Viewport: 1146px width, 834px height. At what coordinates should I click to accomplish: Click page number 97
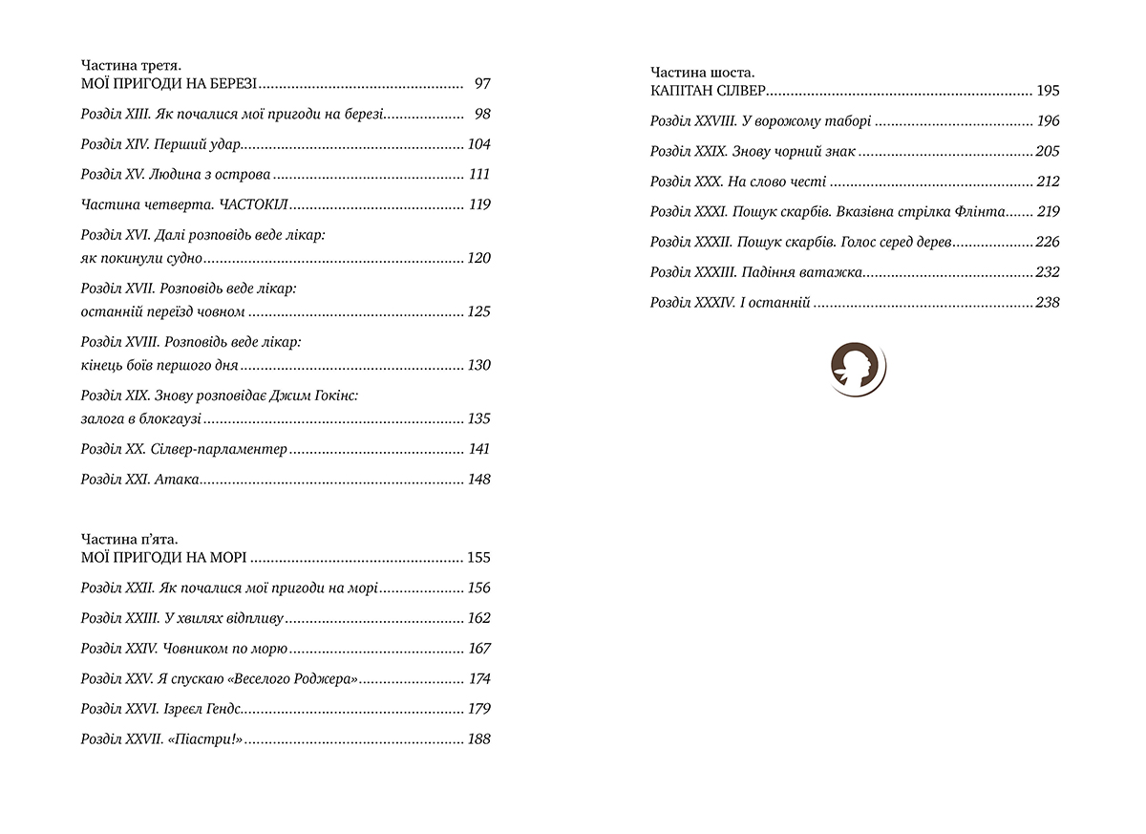click(481, 84)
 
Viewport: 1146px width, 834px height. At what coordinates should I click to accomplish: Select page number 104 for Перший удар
click(478, 144)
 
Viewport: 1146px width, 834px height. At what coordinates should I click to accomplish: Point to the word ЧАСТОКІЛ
click(253, 204)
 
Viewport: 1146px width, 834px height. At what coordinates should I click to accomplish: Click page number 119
click(479, 204)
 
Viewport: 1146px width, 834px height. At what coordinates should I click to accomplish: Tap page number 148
click(478, 480)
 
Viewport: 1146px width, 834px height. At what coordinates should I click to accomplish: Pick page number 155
click(478, 558)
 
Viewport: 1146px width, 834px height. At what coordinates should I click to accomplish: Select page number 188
click(478, 739)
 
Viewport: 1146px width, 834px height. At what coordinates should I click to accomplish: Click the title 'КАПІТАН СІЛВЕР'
click(708, 92)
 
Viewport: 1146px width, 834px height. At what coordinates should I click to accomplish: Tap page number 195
click(1048, 92)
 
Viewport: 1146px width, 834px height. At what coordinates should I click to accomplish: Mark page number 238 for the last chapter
click(1048, 303)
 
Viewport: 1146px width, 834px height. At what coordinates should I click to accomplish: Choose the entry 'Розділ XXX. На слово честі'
click(737, 182)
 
